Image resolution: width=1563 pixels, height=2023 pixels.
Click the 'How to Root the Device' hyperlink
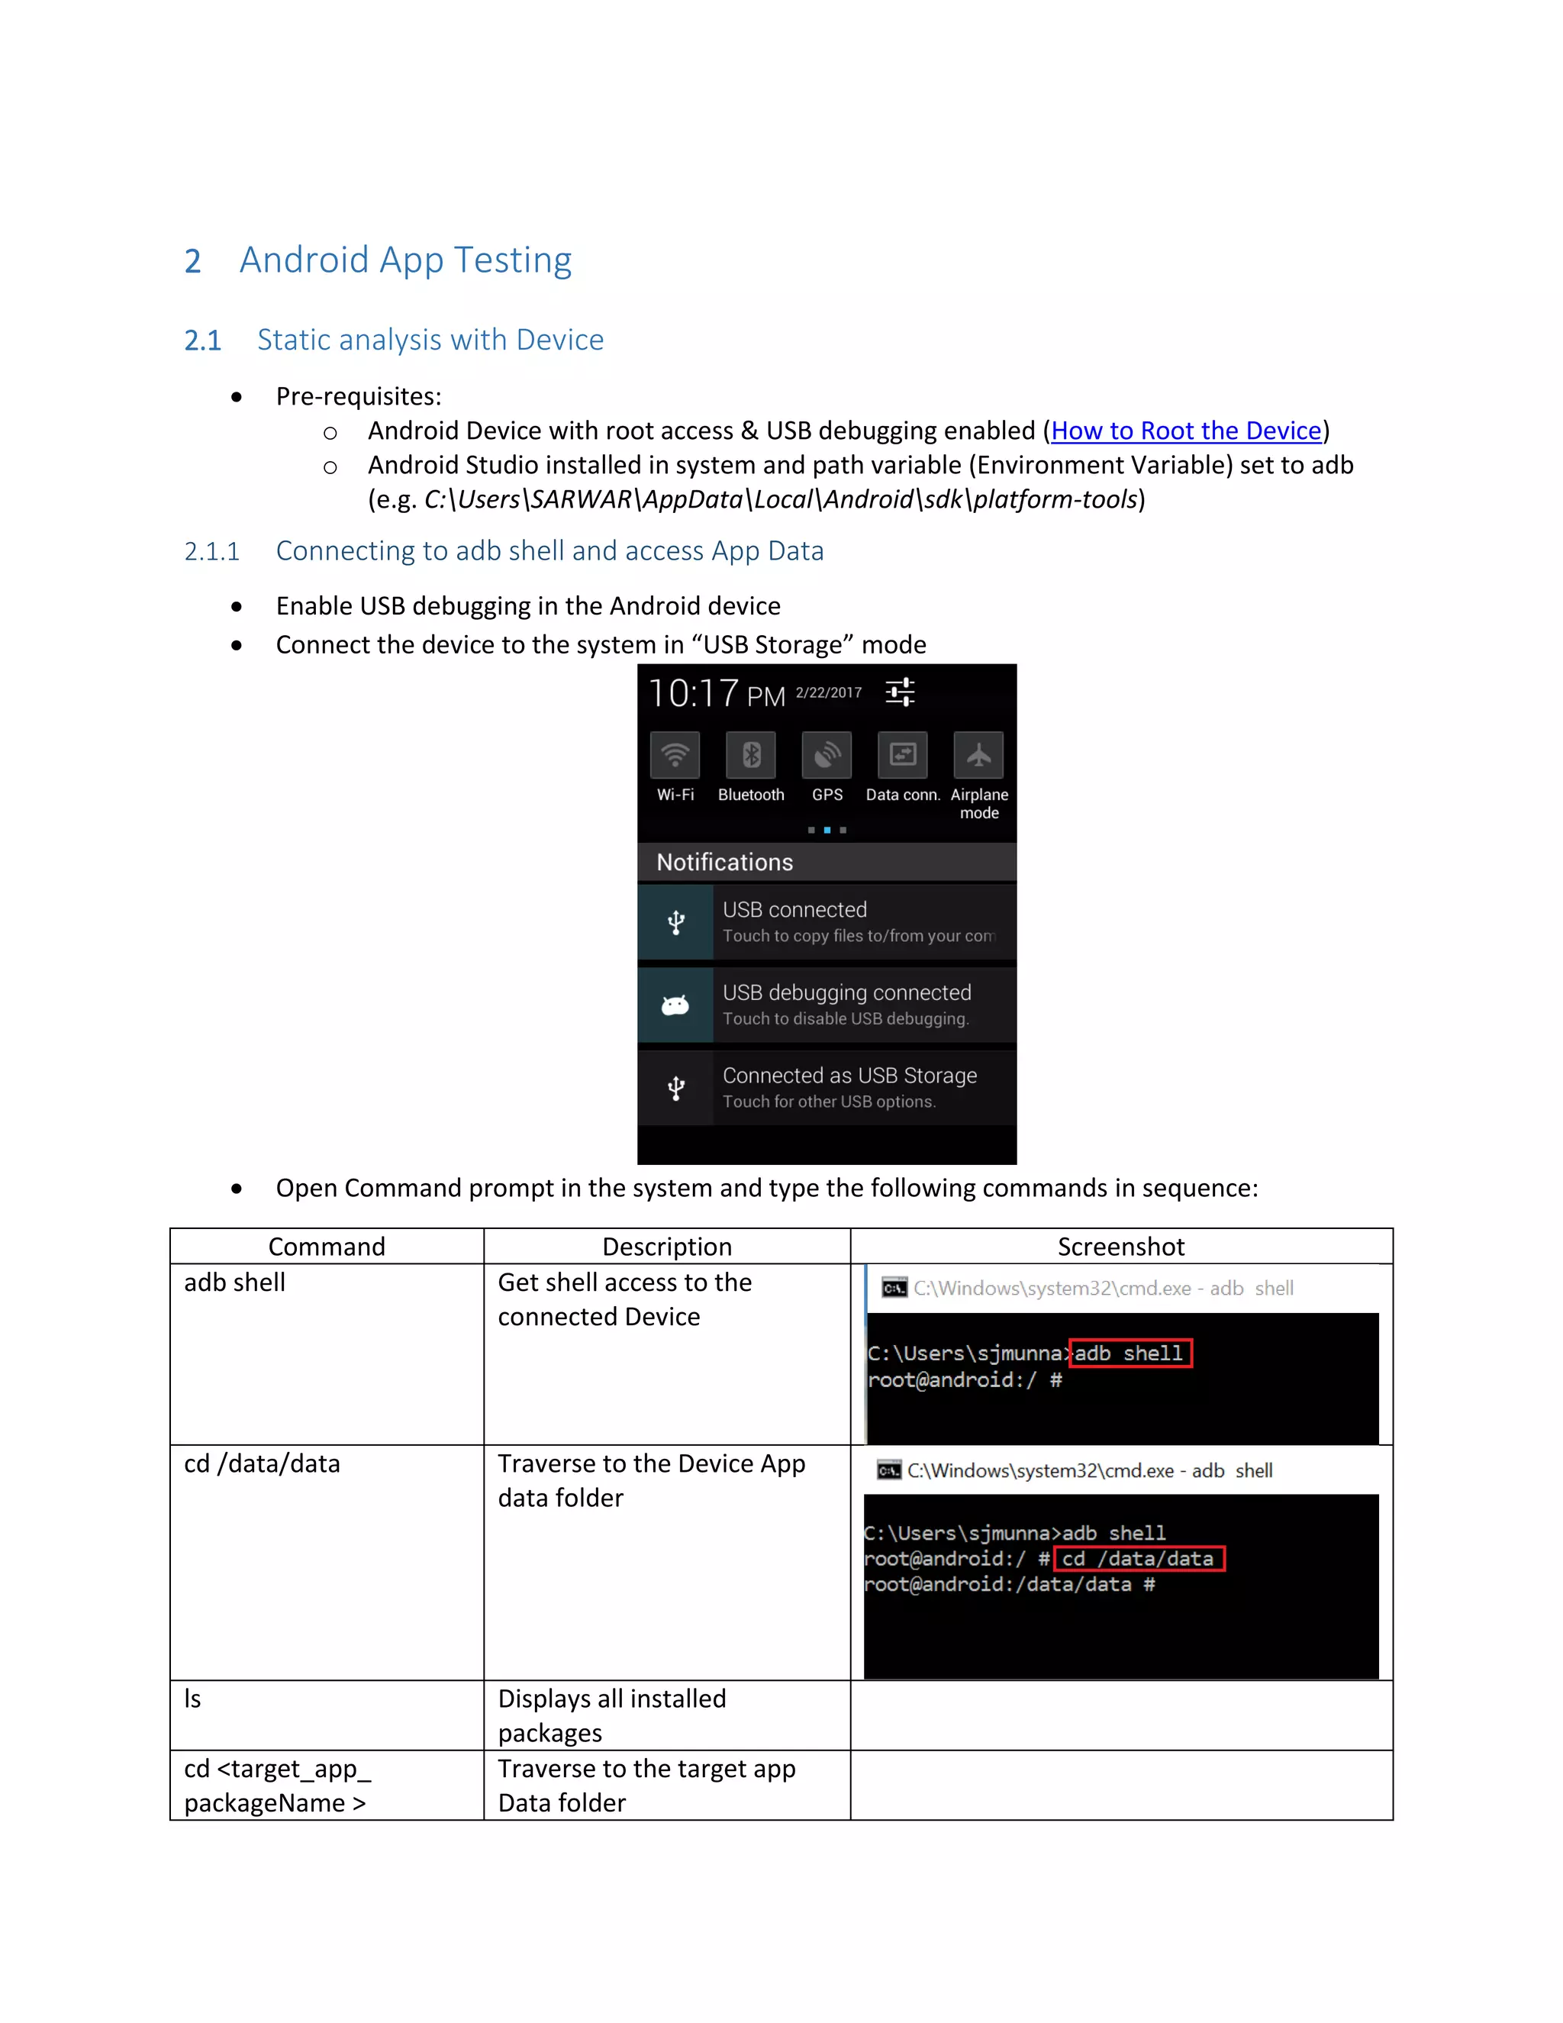[x=1185, y=431]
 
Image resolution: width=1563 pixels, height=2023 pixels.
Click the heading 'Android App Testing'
[x=405, y=260]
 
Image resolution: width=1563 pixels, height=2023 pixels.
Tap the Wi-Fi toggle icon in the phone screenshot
[x=675, y=756]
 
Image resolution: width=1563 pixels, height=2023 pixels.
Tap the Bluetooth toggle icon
[x=751, y=756]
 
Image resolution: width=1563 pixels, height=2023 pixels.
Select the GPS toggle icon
[x=827, y=756]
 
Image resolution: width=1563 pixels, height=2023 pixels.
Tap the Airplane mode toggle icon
[x=978, y=756]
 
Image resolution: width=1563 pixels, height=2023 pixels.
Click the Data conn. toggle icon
[x=903, y=756]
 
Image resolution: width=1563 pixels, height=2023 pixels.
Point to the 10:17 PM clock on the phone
[x=716, y=694]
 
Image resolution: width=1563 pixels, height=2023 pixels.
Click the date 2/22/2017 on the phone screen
[x=829, y=693]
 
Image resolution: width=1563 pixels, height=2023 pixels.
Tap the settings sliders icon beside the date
[x=900, y=692]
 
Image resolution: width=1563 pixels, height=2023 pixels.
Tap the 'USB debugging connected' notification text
[x=846, y=993]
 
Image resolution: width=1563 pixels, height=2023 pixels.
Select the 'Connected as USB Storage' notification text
[x=849, y=1076]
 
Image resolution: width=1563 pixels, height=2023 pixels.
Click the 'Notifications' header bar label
[x=725, y=863]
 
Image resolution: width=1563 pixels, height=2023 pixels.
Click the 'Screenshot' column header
[x=1120, y=1247]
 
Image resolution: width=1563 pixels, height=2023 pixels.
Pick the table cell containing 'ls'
[x=326, y=1715]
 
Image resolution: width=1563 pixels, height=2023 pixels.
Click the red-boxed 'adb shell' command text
[x=1130, y=1354]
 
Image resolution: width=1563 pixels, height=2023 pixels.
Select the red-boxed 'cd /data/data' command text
[x=1139, y=1559]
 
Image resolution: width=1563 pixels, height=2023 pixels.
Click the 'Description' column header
[x=667, y=1247]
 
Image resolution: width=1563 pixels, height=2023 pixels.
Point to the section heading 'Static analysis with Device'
[x=430, y=340]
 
